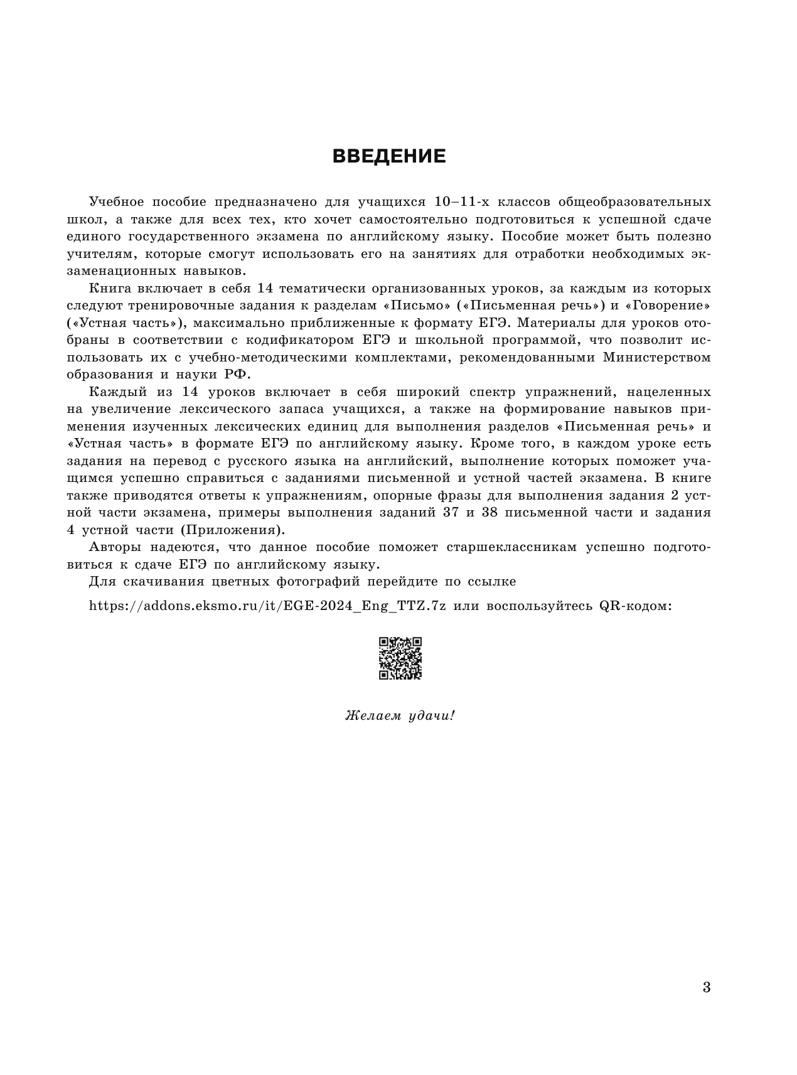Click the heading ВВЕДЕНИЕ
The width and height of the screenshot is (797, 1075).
point(388,156)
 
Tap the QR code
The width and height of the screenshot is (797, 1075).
point(400,658)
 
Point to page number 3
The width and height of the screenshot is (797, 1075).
point(707,988)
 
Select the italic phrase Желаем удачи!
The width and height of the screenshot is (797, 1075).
point(399,715)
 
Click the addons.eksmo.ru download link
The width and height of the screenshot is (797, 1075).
point(267,607)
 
